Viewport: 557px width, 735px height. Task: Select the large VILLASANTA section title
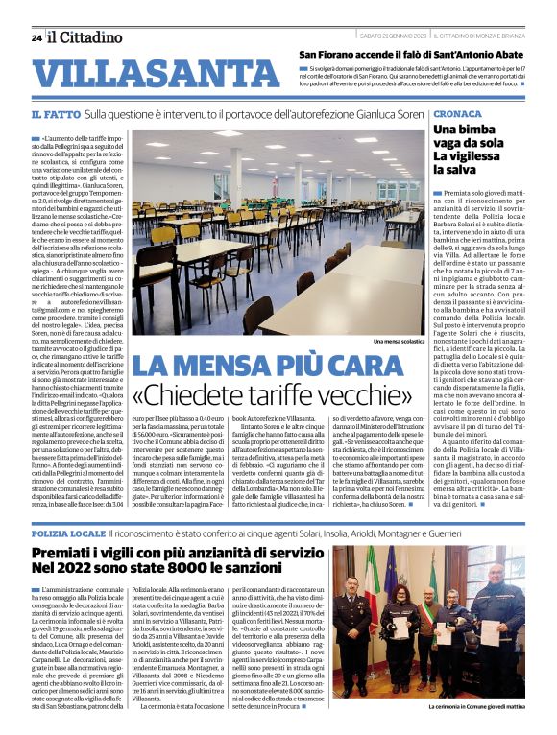143,74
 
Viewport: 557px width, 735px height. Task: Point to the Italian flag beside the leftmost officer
373,582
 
